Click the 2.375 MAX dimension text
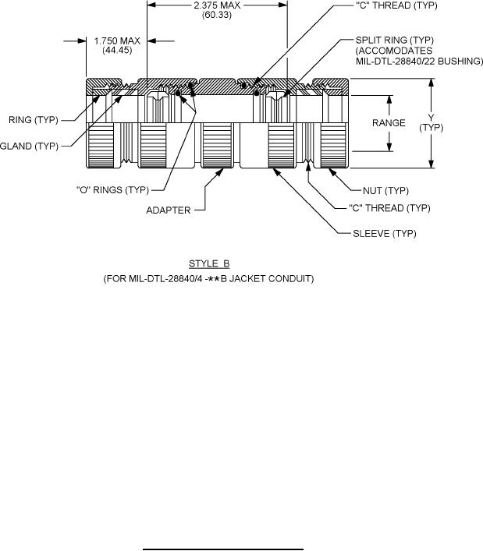coord(217,5)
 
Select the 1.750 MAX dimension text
coord(117,41)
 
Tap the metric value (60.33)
coord(217,15)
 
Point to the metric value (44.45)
coord(117,51)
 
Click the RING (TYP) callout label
coord(34,120)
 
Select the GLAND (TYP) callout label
coord(29,146)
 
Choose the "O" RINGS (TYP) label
coord(112,189)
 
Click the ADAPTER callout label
coord(169,210)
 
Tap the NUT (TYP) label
coord(385,191)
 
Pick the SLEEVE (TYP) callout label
coord(385,234)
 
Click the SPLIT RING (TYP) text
coord(394,40)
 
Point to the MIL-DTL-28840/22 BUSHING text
coord(419,61)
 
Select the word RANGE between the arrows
coord(389,123)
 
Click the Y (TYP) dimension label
coord(431,122)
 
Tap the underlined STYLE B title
coord(209,263)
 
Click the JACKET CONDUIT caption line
coord(208,279)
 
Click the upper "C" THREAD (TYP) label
coord(396,5)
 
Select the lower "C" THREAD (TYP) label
coord(389,208)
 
